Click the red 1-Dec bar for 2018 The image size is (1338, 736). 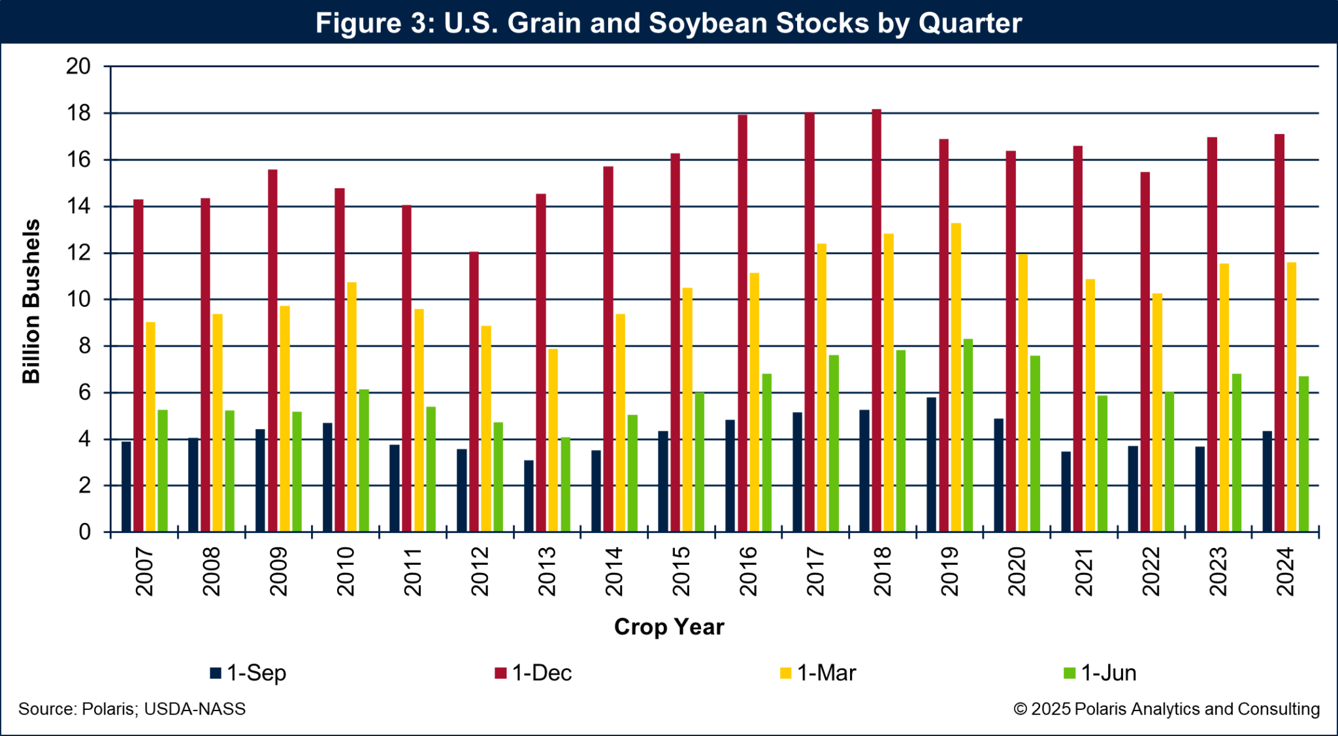[x=877, y=320]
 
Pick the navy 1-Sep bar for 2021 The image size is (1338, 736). [x=1066, y=492]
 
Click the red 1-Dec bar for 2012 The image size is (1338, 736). [x=474, y=392]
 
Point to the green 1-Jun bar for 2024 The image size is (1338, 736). [x=1303, y=454]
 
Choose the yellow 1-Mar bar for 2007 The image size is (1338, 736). [x=150, y=427]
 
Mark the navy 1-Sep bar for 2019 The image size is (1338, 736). [x=931, y=464]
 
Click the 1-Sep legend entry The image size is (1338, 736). [x=248, y=673]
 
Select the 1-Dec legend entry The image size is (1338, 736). [x=533, y=673]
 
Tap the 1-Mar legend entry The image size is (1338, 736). [x=818, y=673]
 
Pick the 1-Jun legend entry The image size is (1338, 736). [x=1100, y=673]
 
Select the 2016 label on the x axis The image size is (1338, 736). [x=748, y=571]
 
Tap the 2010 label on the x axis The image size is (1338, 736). [x=345, y=571]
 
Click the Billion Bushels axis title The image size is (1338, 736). [x=31, y=300]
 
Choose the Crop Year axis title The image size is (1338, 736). [x=669, y=627]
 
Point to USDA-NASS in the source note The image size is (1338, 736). [x=195, y=709]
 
